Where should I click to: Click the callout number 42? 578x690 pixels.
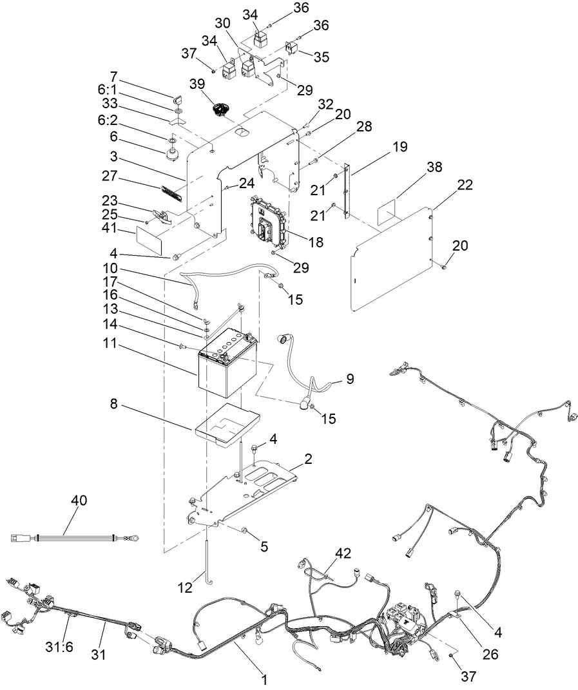click(343, 553)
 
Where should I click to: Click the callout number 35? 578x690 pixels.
click(322, 56)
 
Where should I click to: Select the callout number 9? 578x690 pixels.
click(349, 379)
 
